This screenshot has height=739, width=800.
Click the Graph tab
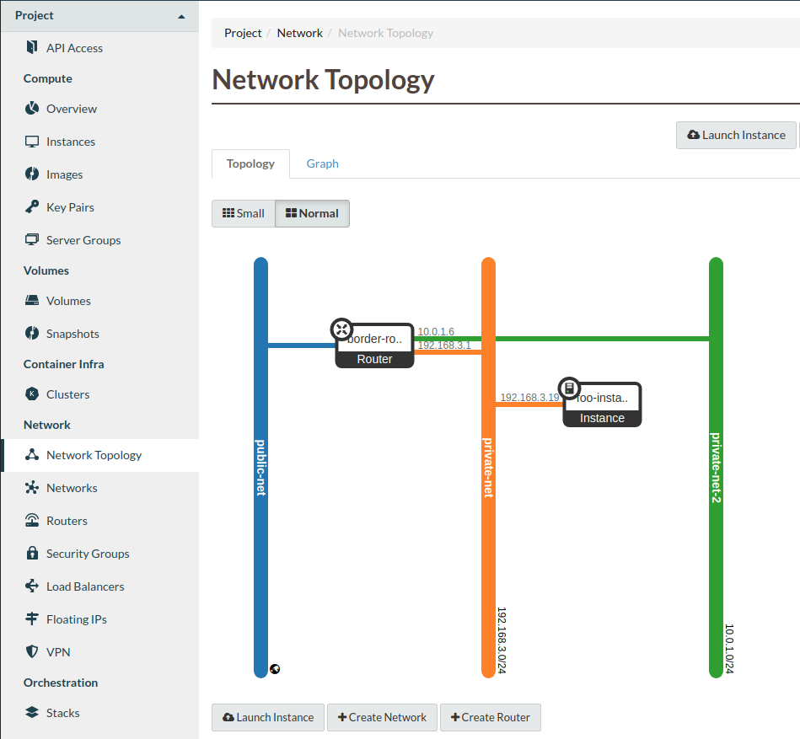tap(322, 163)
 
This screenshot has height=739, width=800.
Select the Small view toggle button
tap(243, 213)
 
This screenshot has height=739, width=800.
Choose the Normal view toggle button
tap(312, 213)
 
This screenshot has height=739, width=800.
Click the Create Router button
tap(490, 717)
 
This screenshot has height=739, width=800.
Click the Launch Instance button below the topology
tap(268, 717)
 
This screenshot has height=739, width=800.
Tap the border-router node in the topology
tap(375, 345)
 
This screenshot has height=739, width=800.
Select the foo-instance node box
tap(602, 405)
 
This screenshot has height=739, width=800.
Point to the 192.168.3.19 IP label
tap(529, 397)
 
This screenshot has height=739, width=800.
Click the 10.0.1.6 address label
tap(436, 332)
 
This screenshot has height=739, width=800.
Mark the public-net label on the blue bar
tap(260, 467)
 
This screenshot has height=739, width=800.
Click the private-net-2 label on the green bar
tap(716, 468)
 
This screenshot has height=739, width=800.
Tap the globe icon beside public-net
tap(275, 669)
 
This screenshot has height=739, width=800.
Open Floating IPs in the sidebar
tap(76, 619)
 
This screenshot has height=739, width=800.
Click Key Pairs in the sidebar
tap(70, 207)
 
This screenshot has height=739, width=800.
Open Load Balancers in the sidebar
tap(85, 586)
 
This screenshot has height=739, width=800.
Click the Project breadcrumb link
tap(243, 33)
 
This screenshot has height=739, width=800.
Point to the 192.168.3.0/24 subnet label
tap(502, 640)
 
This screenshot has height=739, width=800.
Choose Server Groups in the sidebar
tap(83, 240)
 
